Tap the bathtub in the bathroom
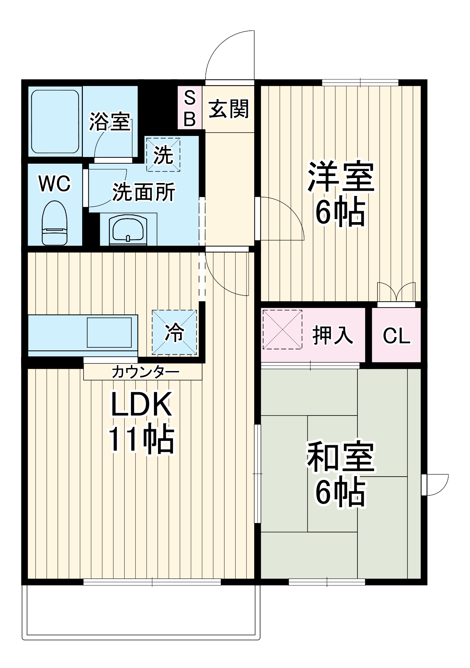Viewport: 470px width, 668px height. (x=55, y=121)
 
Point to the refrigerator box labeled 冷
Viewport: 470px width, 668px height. (x=174, y=332)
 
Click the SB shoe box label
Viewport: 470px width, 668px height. (x=190, y=108)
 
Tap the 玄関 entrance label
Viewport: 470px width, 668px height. (x=229, y=109)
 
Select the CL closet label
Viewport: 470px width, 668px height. (x=397, y=335)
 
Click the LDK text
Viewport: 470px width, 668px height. (x=141, y=404)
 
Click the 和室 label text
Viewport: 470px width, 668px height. (x=341, y=457)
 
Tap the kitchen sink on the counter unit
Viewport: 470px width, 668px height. (x=109, y=332)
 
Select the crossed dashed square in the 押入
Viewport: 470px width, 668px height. (x=283, y=330)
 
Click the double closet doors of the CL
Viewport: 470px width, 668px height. (x=396, y=292)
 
